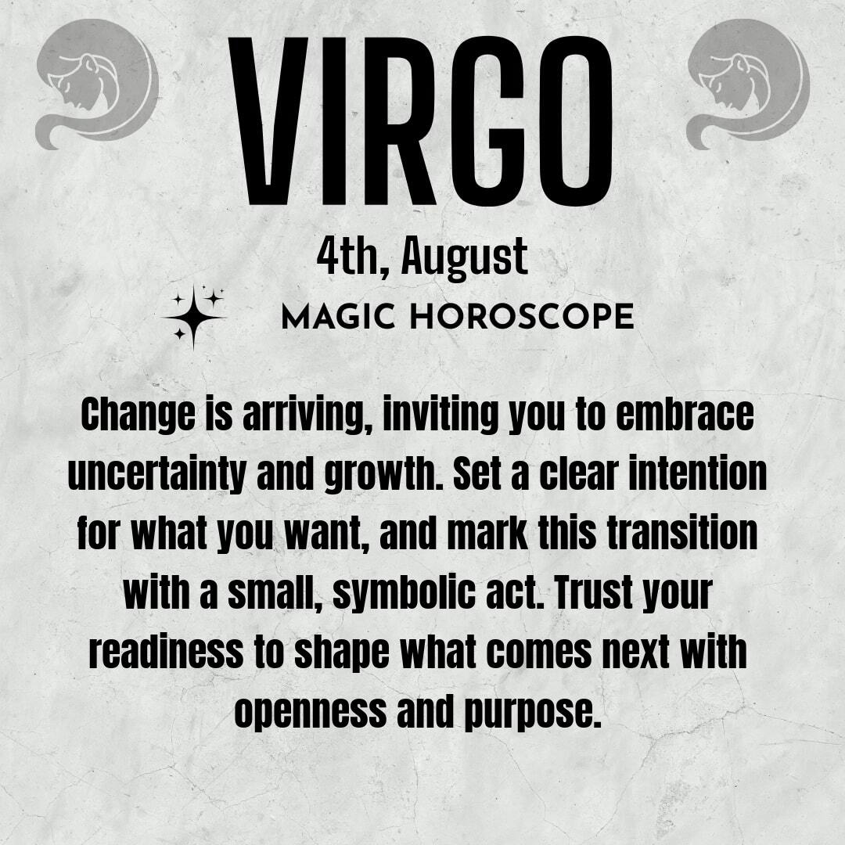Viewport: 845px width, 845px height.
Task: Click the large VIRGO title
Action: pyautogui.click(x=420, y=121)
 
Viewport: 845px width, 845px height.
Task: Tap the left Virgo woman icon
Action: pyautogui.click(x=98, y=84)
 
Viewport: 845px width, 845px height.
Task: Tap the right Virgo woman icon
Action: pyautogui.click(x=748, y=84)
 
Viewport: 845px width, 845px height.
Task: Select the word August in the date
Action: pyautogui.click(x=464, y=257)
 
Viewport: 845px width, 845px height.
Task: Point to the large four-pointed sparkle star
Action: pyautogui.click(x=193, y=318)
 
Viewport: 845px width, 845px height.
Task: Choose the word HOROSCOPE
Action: pyautogui.click(x=522, y=316)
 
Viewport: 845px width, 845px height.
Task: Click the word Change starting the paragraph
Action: pyautogui.click(x=138, y=416)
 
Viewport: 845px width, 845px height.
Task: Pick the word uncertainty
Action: pyautogui.click(x=156, y=475)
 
